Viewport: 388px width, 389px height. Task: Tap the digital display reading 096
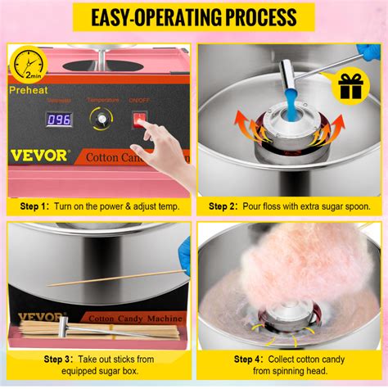tap(59, 119)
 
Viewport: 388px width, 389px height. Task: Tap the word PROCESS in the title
tap(250, 17)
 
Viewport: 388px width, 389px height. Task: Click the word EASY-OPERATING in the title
tap(137, 17)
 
